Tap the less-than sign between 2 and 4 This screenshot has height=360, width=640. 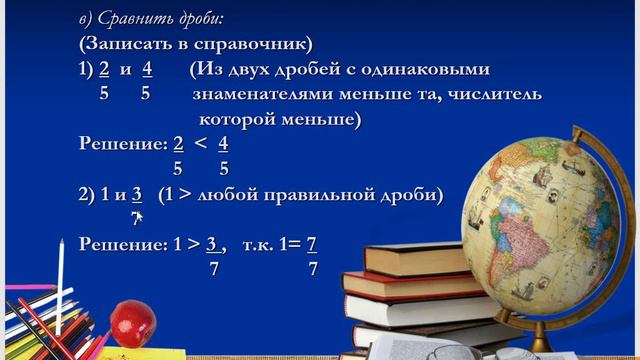click(201, 143)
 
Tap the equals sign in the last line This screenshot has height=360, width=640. click(295, 243)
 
